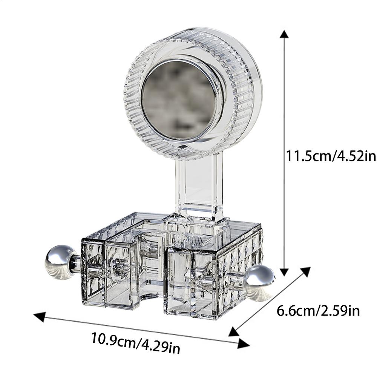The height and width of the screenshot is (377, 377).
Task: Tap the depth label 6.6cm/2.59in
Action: (318, 311)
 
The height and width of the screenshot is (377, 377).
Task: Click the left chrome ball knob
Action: (59, 261)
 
